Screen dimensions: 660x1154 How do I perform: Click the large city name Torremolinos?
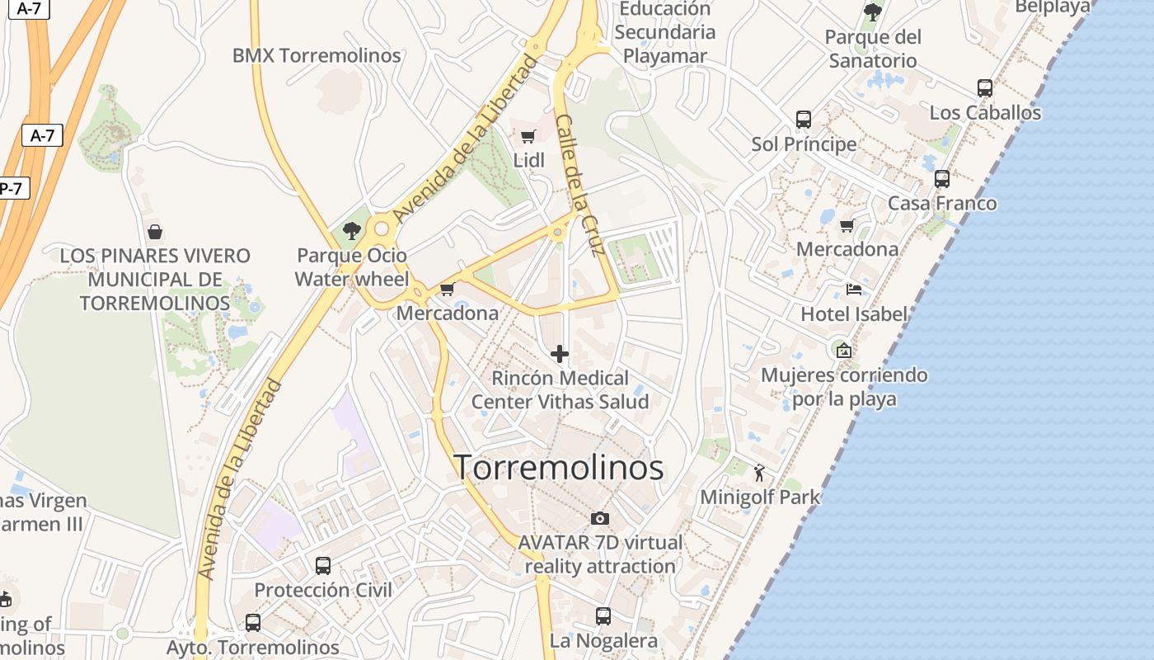click(559, 468)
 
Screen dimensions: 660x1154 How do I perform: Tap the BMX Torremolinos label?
click(317, 56)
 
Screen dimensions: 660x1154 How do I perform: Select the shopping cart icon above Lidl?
click(528, 136)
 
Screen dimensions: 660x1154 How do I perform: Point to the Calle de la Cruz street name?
click(580, 185)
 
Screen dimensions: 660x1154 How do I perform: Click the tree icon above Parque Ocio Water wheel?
click(352, 231)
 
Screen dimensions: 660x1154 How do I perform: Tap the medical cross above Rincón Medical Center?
click(560, 354)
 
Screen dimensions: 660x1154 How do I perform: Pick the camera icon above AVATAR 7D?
click(600, 518)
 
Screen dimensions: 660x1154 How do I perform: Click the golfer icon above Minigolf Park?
click(759, 473)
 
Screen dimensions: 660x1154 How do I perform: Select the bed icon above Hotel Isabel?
click(854, 290)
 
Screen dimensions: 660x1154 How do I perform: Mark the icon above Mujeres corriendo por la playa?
click(843, 351)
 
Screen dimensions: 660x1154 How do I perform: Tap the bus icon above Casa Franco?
click(942, 178)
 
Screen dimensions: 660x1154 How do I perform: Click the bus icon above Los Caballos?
click(985, 87)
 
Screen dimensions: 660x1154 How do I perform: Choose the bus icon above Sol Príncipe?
click(804, 120)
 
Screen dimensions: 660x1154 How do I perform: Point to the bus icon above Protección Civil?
click(323, 565)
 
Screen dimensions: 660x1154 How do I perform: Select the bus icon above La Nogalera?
click(603, 615)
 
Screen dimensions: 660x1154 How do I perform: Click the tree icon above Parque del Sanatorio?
click(872, 12)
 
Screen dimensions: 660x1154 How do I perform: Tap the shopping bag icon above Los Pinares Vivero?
click(154, 232)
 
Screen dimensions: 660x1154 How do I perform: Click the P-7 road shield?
click(12, 188)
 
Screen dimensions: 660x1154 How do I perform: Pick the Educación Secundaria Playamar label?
click(664, 32)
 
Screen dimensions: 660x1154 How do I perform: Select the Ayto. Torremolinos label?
click(252, 647)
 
